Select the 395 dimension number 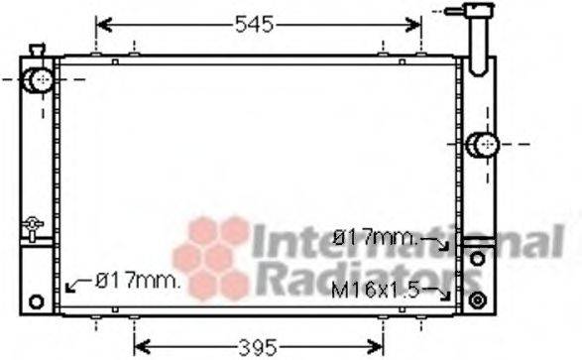tap(257, 347)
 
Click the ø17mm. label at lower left tap(138, 281)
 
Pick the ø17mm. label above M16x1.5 tap(378, 238)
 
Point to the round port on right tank tap(483, 146)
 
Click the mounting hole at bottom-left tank tap(38, 301)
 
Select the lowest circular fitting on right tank tap(477, 299)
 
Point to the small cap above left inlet tap(37, 50)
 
